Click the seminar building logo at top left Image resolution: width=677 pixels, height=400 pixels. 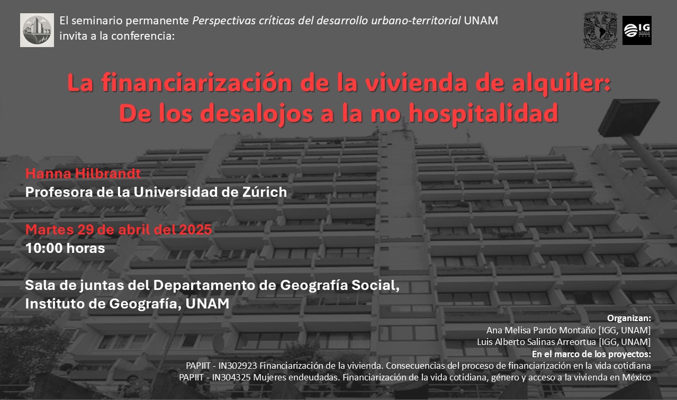pyautogui.click(x=37, y=30)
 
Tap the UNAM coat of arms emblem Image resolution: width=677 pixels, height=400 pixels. pyautogui.click(x=600, y=31)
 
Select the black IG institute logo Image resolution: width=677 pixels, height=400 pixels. pyautogui.click(x=637, y=31)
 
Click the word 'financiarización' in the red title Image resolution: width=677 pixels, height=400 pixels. pyautogui.click(x=196, y=83)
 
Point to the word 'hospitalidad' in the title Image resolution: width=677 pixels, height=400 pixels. pyautogui.click(x=483, y=113)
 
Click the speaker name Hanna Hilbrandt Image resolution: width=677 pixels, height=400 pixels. pyautogui.click(x=83, y=174)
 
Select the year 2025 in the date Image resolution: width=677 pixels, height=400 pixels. pyautogui.click(x=195, y=230)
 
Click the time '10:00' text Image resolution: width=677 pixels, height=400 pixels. pyautogui.click(x=44, y=248)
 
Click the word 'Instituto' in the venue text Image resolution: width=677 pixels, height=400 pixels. pyautogui.click(x=55, y=304)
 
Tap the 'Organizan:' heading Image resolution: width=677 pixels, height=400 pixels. pyautogui.click(x=629, y=318)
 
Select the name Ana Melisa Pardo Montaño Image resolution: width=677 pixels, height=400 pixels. pyautogui.click(x=541, y=330)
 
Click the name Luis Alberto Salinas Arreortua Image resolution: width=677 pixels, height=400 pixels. pyautogui.click(x=536, y=342)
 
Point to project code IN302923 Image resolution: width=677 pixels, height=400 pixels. pyautogui.click(x=238, y=366)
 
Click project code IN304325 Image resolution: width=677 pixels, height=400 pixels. pyautogui.click(x=231, y=378)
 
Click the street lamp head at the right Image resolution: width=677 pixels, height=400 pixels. pyautogui.click(x=629, y=118)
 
